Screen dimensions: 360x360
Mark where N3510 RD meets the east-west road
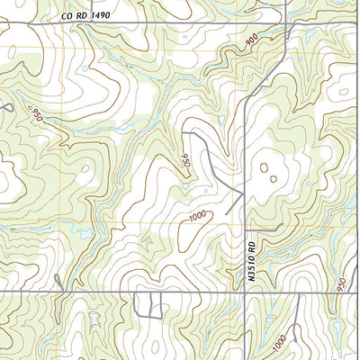tap(245, 292)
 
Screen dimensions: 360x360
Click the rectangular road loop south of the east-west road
tap(143, 305)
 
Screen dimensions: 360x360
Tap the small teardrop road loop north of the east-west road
tap(60, 283)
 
